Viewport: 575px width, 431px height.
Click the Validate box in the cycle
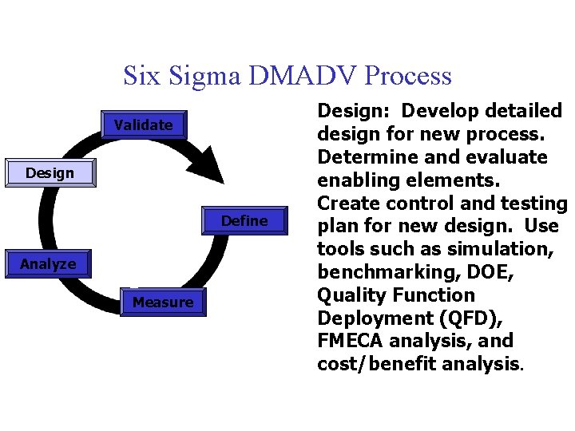click(144, 125)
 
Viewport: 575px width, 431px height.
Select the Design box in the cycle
click(50, 173)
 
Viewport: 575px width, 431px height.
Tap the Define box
click(244, 221)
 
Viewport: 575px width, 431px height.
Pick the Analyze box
click(48, 264)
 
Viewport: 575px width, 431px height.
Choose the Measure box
click(163, 302)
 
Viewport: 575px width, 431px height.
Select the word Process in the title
click(407, 76)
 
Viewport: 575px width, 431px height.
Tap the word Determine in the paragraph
click(369, 157)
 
